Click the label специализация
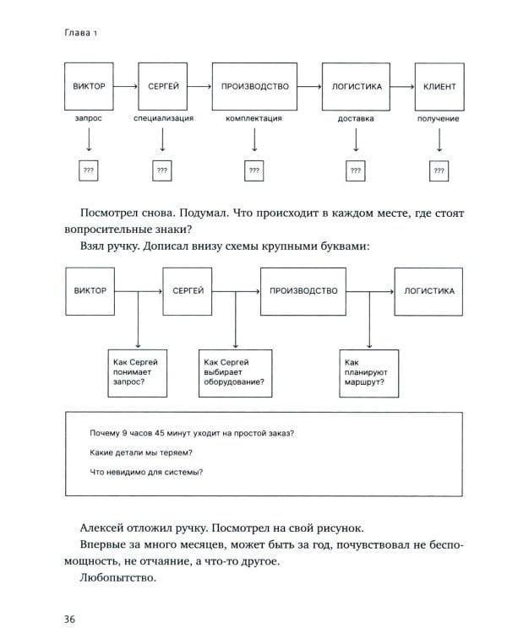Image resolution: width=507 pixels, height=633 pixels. [x=163, y=119]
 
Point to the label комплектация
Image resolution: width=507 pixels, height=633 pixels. [x=253, y=119]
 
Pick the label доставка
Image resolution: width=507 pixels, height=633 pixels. [x=355, y=119]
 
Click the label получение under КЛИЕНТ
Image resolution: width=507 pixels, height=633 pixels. [x=438, y=119]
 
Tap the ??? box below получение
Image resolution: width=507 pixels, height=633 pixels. [x=438, y=170]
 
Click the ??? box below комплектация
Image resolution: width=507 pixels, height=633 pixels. [x=253, y=170]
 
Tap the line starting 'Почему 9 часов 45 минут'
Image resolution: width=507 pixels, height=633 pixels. [x=191, y=432]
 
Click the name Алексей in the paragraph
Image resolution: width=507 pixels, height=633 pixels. [x=104, y=527]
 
